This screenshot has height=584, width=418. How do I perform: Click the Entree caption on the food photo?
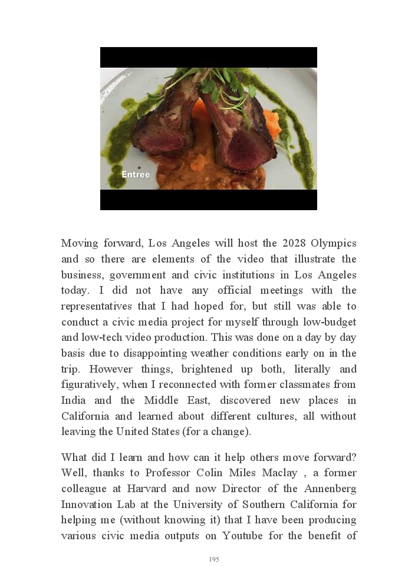coord(136,175)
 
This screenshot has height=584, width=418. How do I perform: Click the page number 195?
coord(214,559)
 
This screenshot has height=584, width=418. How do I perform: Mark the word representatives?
coord(98,306)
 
